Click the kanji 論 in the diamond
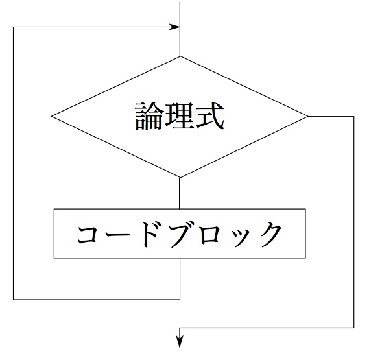point(149,116)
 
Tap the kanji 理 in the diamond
point(180,116)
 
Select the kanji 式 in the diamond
point(210,116)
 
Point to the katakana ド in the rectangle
point(151,234)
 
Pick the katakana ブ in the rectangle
point(183,234)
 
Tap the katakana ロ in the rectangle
point(214,235)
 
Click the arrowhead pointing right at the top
point(174,27)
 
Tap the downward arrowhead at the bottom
point(180,342)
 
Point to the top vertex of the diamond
point(180,56)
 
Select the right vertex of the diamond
point(307,116)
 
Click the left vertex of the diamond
point(51,116)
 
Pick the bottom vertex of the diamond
point(180,177)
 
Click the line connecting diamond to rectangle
point(180,193)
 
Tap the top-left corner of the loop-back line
point(14,27)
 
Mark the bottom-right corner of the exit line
point(353,328)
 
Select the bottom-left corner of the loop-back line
point(14,300)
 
